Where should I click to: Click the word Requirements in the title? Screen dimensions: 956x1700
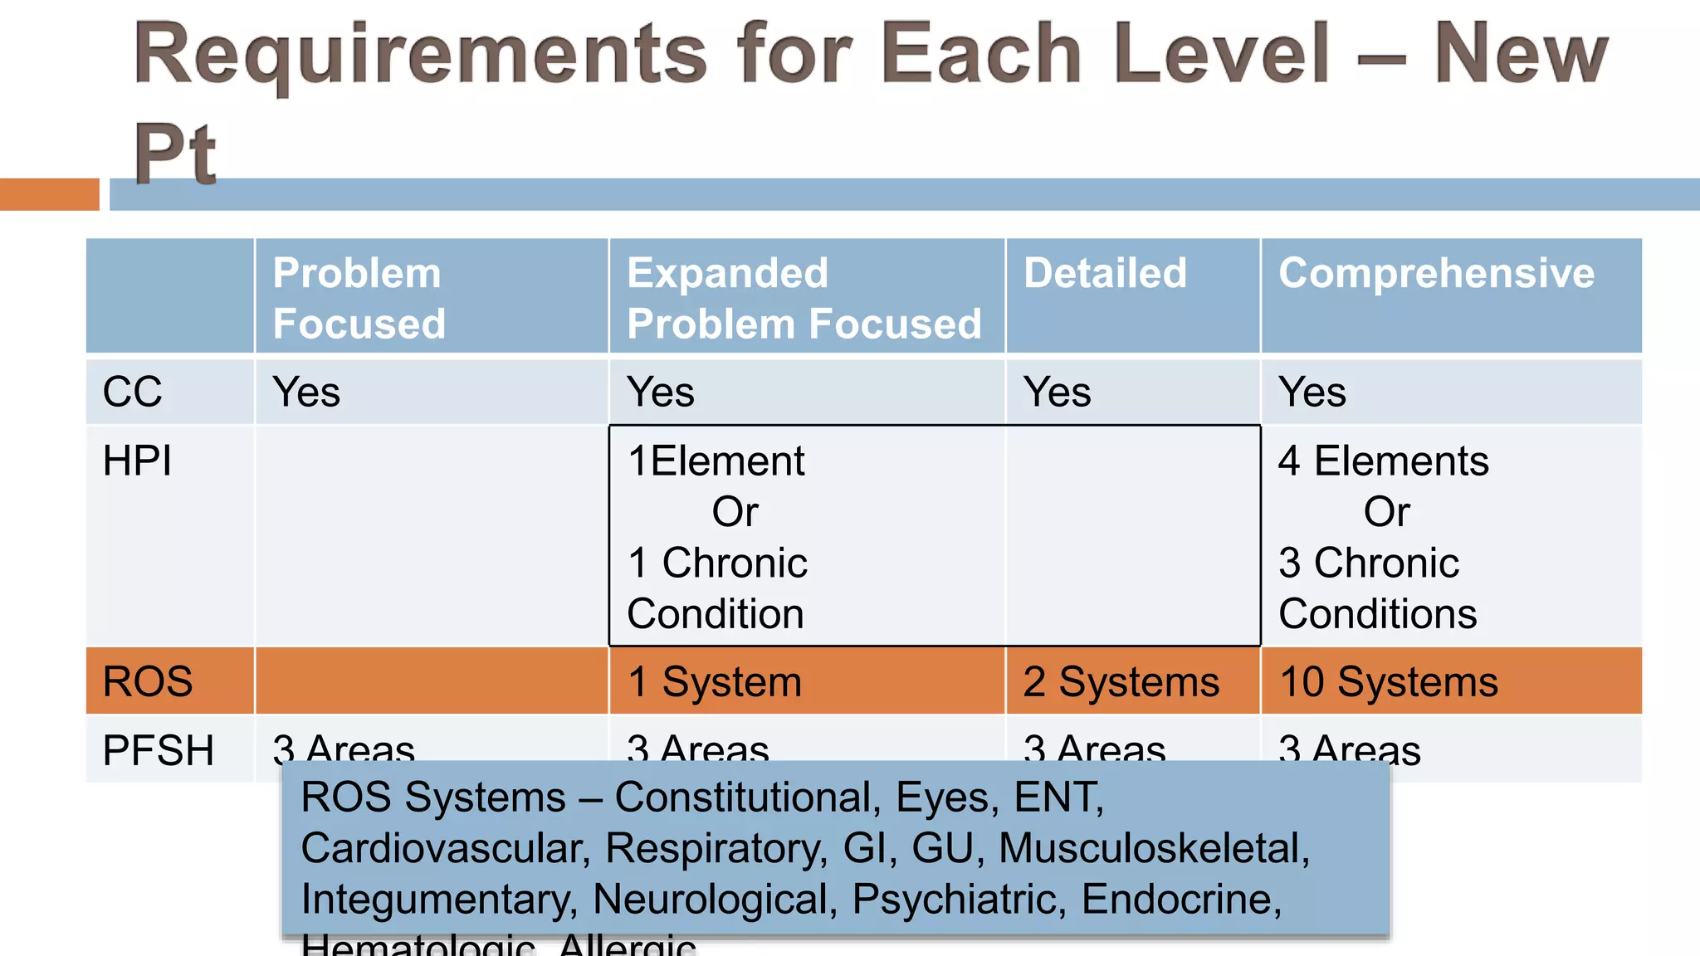tap(420, 55)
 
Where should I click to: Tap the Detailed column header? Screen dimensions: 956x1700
tap(1105, 273)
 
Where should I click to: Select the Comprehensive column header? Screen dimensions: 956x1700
tap(1436, 273)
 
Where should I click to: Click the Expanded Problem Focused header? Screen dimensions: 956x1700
tap(804, 298)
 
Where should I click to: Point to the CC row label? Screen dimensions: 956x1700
tap(132, 392)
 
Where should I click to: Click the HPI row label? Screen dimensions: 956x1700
tap(137, 461)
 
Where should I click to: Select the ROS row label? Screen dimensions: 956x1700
tap(148, 681)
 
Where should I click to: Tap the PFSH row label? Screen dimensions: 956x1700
tap(158, 750)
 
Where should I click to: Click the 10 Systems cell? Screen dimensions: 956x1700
tap(1388, 681)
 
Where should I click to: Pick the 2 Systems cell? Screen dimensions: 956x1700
tap(1121, 681)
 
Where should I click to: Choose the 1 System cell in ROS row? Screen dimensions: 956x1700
tap(714, 681)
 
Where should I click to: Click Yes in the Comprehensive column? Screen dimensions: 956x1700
tap(1312, 392)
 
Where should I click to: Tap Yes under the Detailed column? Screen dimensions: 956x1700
tap(1057, 392)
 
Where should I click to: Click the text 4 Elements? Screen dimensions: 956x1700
tap(1383, 461)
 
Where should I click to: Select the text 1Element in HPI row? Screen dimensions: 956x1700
tap(716, 461)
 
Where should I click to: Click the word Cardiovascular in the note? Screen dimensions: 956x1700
tap(445, 848)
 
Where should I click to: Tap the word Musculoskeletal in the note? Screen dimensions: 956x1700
tap(1153, 848)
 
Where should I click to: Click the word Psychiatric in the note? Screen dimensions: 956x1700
tap(959, 899)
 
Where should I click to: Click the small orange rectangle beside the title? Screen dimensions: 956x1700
tap(49, 194)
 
